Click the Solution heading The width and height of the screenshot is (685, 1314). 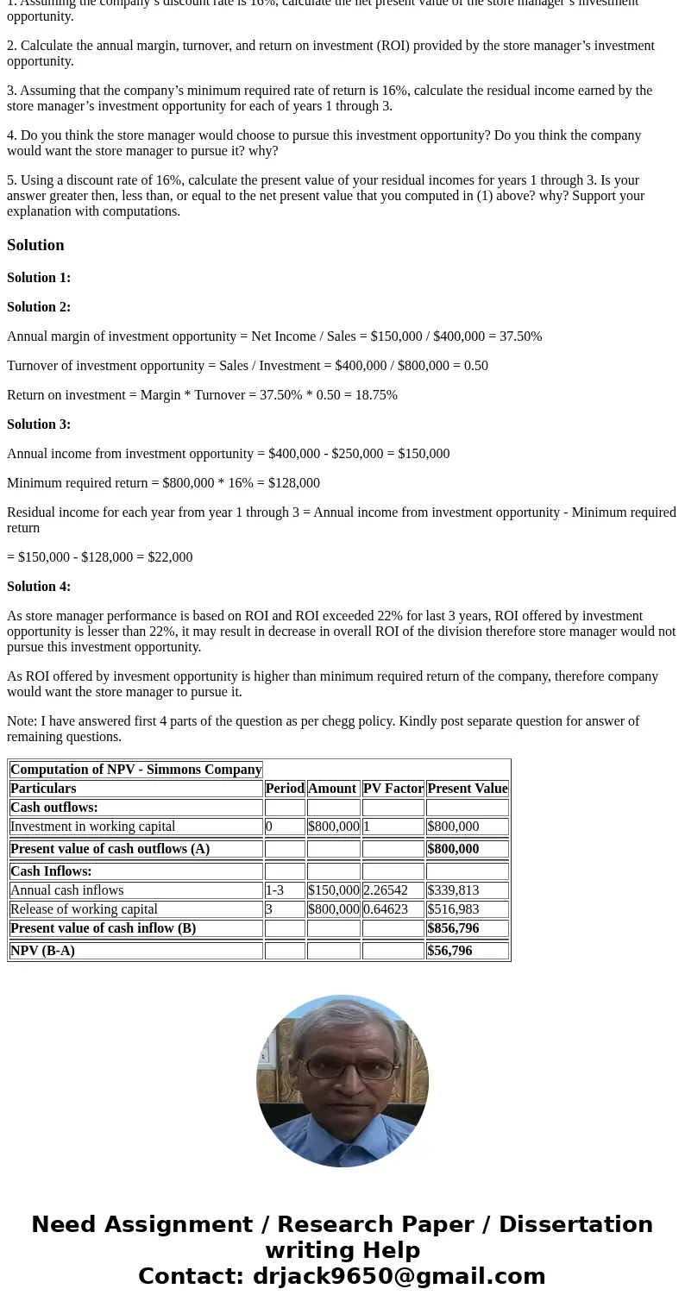coord(35,245)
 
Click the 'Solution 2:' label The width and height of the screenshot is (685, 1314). coord(39,307)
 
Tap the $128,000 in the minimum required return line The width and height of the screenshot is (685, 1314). coord(293,483)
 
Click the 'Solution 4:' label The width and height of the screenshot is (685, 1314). coord(39,587)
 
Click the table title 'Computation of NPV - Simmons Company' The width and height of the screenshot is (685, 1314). coord(135,770)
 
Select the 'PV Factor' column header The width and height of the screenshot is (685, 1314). coord(393,789)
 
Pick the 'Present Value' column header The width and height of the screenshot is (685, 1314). coord(467,789)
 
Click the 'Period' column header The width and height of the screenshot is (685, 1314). coord(285,789)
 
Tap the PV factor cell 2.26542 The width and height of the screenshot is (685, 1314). coord(385,890)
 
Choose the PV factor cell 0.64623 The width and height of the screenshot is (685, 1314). coord(385,909)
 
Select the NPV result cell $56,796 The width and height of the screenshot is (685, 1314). coord(449,951)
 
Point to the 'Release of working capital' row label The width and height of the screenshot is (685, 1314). coord(84,909)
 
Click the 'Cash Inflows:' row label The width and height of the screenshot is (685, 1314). coord(51,871)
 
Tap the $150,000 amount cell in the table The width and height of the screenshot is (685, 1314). coord(333,890)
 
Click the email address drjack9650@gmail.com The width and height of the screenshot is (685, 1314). coord(399,1277)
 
